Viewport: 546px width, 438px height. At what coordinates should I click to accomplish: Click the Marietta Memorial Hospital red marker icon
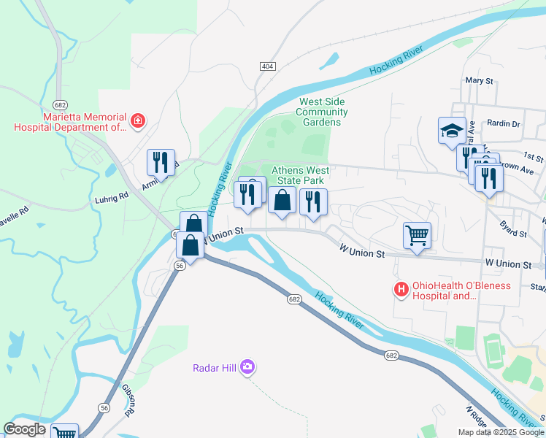(x=136, y=120)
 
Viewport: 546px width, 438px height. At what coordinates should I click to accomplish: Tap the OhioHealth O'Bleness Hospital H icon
(x=401, y=291)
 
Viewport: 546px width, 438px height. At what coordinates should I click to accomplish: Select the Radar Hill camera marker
(x=247, y=366)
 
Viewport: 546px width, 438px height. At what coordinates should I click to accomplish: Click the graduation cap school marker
(x=452, y=131)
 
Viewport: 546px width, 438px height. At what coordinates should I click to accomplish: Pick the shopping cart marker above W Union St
(x=417, y=236)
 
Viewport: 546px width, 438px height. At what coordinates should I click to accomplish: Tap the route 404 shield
(x=267, y=66)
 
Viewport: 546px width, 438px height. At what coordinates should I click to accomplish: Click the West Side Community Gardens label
(x=321, y=112)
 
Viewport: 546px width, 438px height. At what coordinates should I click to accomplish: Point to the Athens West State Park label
(x=301, y=175)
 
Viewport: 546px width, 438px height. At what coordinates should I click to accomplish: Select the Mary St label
(x=480, y=80)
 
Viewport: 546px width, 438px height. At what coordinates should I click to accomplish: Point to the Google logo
(x=25, y=429)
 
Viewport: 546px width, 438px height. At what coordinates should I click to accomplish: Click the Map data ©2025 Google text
(x=500, y=432)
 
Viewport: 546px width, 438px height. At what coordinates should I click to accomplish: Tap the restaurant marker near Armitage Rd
(x=161, y=164)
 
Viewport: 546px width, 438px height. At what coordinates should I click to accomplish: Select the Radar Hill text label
(x=216, y=367)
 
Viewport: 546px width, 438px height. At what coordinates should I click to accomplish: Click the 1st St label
(x=534, y=157)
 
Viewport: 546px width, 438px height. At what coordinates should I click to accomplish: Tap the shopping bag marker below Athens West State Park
(x=282, y=201)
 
